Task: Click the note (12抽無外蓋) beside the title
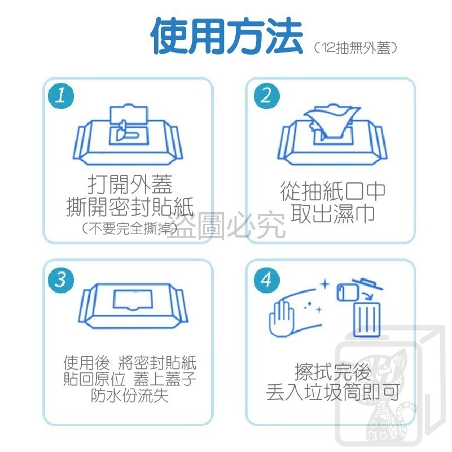pos(356,49)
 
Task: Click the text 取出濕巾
pos(333,214)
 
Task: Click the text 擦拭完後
pos(332,372)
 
